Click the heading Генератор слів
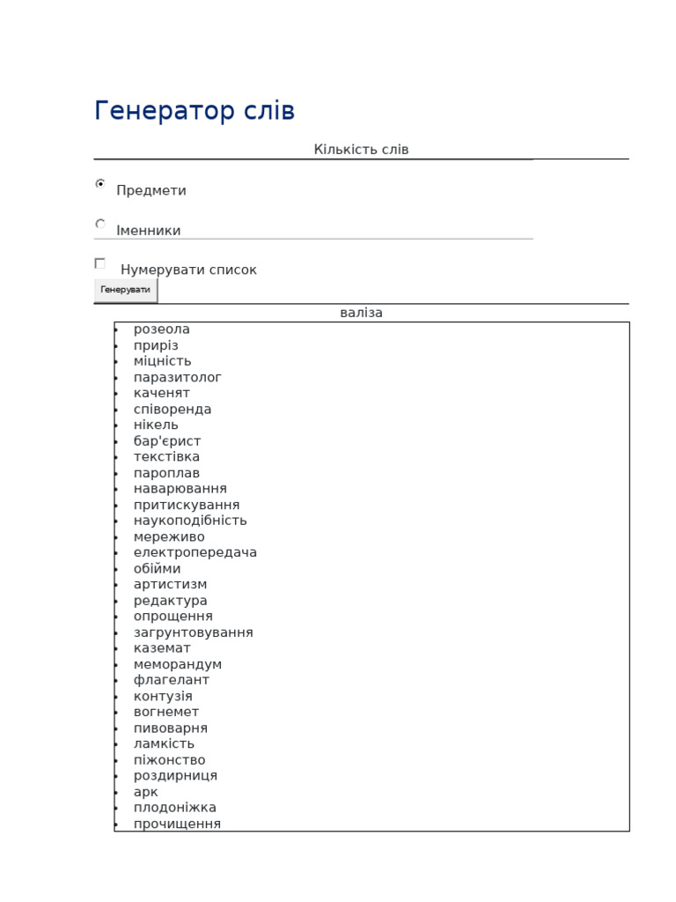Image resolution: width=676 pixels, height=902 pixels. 195,112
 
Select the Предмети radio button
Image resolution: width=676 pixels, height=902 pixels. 100,184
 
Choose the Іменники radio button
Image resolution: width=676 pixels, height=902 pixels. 100,224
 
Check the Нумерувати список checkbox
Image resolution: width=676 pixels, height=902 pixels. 100,263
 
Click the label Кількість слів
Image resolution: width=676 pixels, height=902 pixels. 361,150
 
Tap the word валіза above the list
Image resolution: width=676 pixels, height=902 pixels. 361,313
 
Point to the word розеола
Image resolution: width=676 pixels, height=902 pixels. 162,329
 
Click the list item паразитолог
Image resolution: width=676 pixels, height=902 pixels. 178,377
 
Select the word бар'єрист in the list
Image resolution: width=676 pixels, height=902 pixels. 167,441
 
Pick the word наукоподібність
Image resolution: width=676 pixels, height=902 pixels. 190,521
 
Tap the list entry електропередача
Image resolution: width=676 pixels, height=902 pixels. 195,552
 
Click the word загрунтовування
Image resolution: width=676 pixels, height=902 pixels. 194,632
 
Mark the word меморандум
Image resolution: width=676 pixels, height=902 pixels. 178,664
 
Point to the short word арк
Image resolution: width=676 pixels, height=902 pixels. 146,792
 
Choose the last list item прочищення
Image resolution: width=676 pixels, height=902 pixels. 178,824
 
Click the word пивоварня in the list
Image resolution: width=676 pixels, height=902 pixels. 171,728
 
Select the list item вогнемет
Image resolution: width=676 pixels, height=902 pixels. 166,712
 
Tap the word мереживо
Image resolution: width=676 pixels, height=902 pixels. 169,536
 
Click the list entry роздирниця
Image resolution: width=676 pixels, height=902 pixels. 175,776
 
